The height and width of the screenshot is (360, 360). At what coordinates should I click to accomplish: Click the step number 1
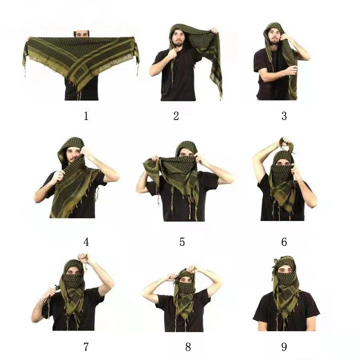click(86, 116)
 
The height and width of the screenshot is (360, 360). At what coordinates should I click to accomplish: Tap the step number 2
click(176, 116)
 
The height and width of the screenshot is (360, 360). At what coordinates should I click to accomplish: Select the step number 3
click(284, 116)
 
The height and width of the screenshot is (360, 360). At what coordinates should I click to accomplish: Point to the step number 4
click(86, 242)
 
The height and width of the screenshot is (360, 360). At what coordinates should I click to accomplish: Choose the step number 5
click(182, 242)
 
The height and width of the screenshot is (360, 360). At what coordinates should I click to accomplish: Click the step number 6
click(284, 242)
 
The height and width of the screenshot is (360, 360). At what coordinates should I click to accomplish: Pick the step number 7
click(86, 347)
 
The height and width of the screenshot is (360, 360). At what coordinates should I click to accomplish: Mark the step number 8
click(188, 347)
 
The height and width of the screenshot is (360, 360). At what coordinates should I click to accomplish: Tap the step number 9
click(284, 347)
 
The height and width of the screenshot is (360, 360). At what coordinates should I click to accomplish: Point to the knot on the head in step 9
click(277, 262)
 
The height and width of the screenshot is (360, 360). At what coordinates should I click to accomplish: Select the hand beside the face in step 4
click(86, 151)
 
